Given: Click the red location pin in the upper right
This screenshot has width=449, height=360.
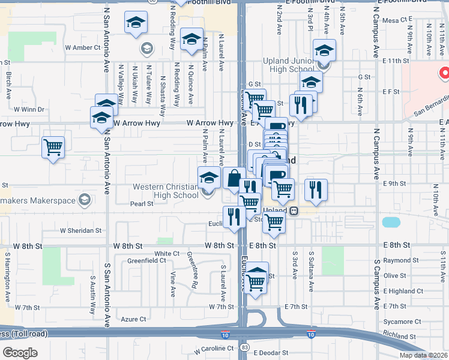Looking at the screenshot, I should click(445, 74).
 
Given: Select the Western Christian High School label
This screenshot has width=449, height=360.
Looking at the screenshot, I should click(165, 191).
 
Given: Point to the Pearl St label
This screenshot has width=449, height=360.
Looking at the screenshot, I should click(142, 204).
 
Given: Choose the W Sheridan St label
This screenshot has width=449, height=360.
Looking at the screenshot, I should click(80, 230).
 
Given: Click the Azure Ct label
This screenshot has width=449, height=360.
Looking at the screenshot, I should click(133, 319).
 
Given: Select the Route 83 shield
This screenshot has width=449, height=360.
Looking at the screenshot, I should click(244, 347).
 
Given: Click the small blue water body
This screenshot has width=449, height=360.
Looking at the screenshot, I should click(391, 222).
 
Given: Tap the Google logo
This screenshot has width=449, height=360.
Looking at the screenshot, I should click(20, 352).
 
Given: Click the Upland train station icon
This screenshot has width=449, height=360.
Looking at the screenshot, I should click(294, 211).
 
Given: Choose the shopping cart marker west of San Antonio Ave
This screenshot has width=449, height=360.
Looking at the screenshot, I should click(53, 146).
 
